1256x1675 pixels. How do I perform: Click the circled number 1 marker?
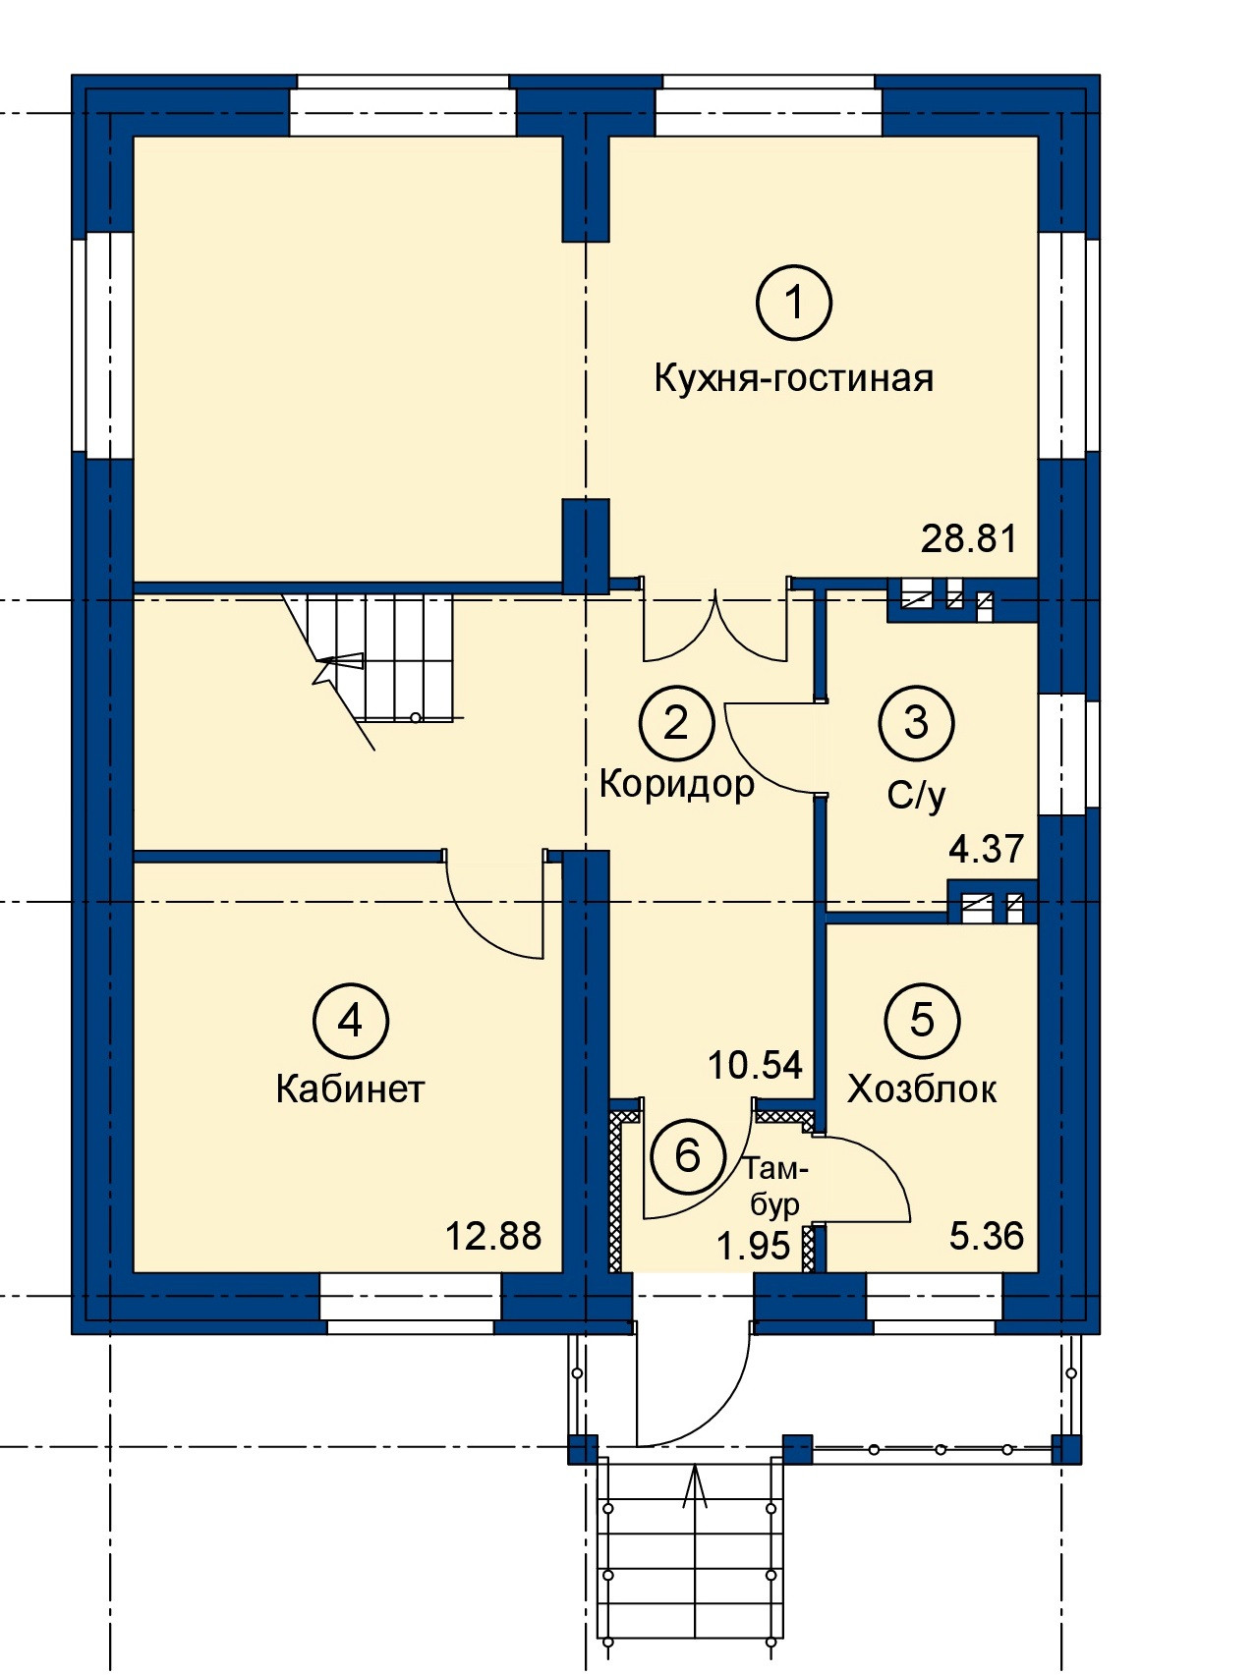(x=794, y=302)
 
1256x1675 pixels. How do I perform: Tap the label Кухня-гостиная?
(x=794, y=378)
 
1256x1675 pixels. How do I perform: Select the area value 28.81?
(x=969, y=538)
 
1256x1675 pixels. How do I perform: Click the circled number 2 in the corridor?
(x=676, y=723)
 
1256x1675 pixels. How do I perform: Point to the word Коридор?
(x=677, y=784)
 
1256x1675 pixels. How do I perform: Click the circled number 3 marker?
(x=916, y=723)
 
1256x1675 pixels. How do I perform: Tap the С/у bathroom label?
(x=916, y=795)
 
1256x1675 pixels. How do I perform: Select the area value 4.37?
(x=987, y=849)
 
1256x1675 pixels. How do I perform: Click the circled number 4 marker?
(x=351, y=1022)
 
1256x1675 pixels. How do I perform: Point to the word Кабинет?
(x=350, y=1089)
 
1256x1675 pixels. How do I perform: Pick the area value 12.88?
(x=493, y=1236)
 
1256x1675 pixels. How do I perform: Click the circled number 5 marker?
(x=922, y=1020)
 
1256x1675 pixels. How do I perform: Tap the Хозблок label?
(x=922, y=1089)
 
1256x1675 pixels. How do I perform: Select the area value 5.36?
(x=987, y=1236)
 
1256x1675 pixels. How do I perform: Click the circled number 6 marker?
(x=688, y=1154)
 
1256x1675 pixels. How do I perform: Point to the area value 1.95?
(x=754, y=1246)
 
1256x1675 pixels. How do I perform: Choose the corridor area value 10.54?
(x=756, y=1065)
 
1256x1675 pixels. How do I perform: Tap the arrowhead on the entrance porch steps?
(x=696, y=1480)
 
